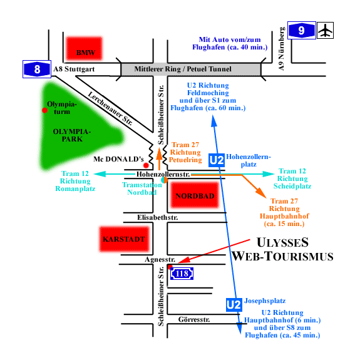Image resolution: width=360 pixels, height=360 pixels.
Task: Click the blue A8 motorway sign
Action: pyautogui.click(x=37, y=69)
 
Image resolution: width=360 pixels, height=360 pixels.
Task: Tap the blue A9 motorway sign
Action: pyautogui.click(x=302, y=30)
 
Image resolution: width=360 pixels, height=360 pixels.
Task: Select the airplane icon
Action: pyautogui.click(x=326, y=30)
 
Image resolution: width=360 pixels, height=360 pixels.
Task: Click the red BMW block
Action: pyautogui.click(x=85, y=48)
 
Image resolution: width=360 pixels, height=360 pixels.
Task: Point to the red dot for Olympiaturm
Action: pyautogui.click(x=45, y=110)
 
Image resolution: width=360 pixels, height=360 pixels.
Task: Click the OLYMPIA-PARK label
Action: pyautogui.click(x=72, y=135)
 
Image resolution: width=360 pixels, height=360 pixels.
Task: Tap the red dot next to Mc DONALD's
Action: pyautogui.click(x=146, y=165)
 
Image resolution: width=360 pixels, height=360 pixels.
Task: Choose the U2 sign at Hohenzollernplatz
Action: pyautogui.click(x=217, y=160)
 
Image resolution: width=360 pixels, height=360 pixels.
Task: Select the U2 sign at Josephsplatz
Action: pyautogui.click(x=234, y=305)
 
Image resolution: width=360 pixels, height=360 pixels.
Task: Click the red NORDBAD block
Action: pyautogui.click(x=195, y=195)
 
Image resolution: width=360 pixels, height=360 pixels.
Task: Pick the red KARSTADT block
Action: pyautogui.click(x=124, y=239)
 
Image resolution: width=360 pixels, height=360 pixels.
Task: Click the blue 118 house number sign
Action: pyautogui.click(x=182, y=274)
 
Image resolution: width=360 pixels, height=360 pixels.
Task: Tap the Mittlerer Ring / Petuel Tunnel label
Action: pyautogui.click(x=183, y=69)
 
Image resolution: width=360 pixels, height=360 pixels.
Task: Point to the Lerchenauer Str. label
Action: pyautogui.click(x=110, y=108)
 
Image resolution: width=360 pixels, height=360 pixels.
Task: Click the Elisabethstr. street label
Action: pyautogui.click(x=158, y=217)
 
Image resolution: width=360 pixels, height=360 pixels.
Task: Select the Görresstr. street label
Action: pyautogui.click(x=194, y=319)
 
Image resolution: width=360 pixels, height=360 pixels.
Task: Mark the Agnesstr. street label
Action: pyautogui.click(x=160, y=259)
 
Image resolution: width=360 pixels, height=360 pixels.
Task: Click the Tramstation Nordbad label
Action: pyautogui.click(x=142, y=188)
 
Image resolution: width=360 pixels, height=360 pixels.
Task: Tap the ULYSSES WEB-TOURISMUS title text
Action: pyautogui.click(x=282, y=249)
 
